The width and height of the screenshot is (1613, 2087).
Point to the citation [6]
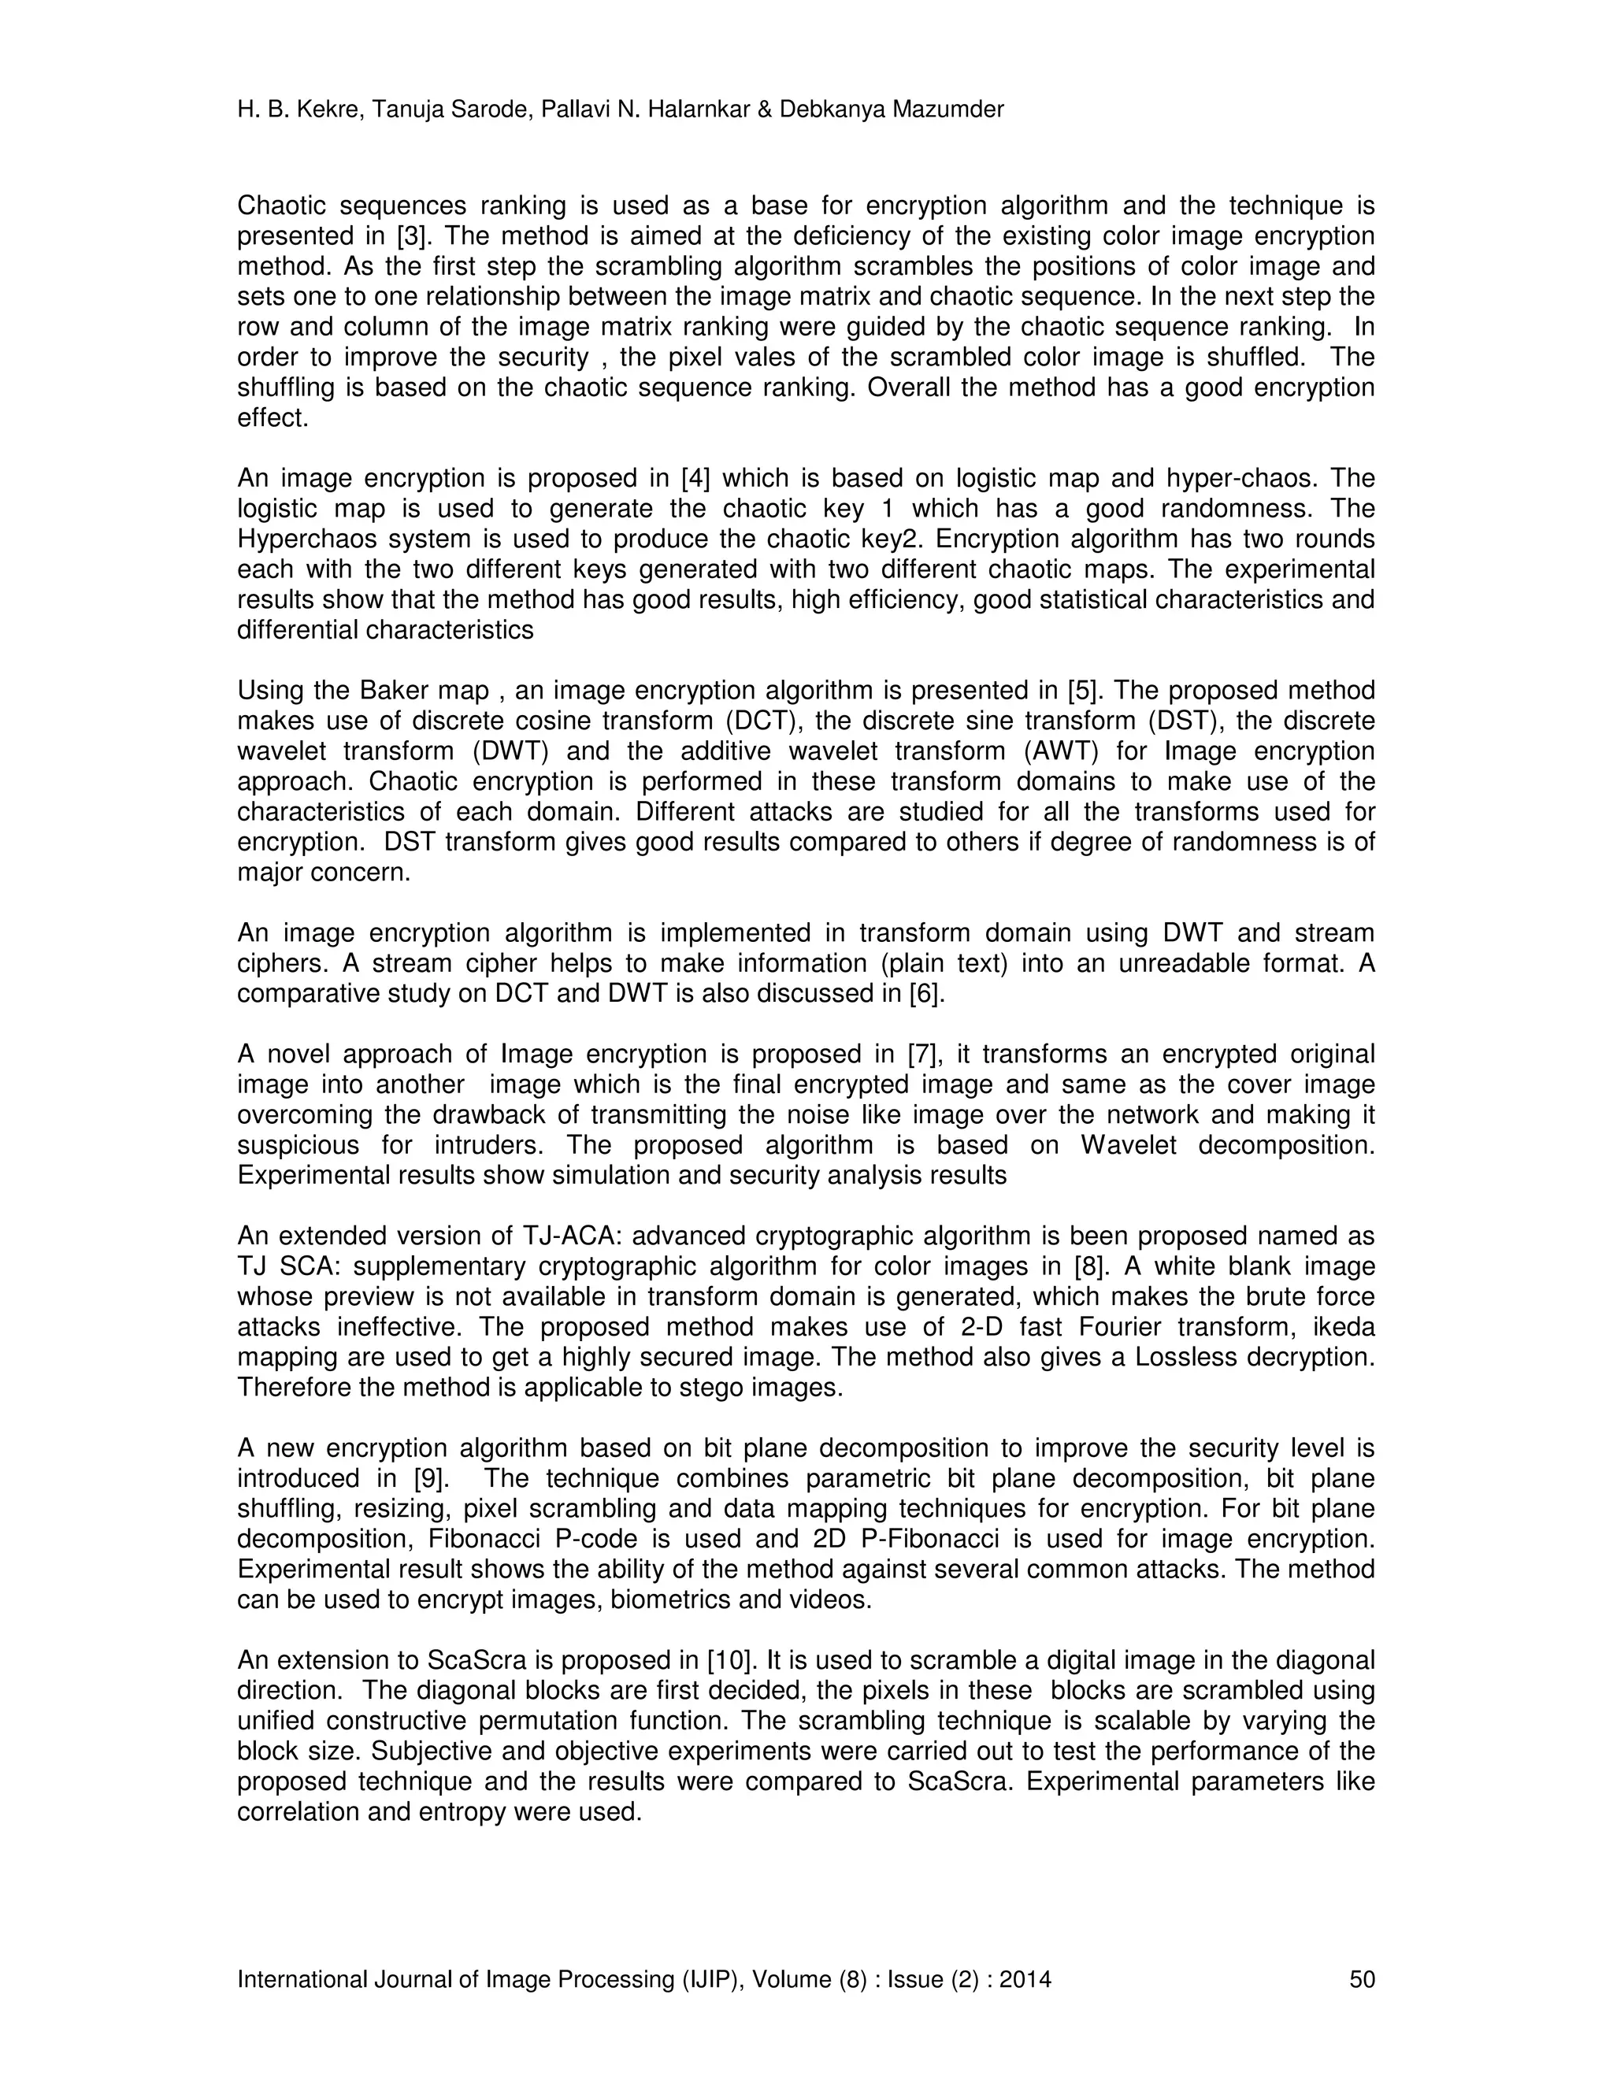click(x=927, y=994)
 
